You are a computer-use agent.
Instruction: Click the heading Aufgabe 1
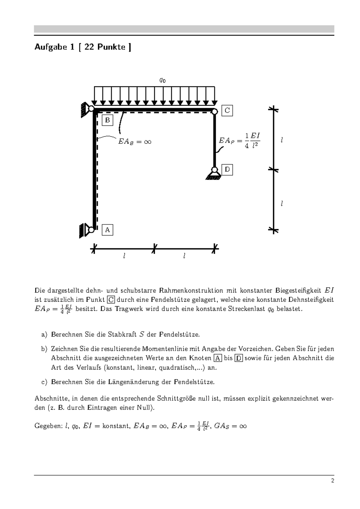coord(82,47)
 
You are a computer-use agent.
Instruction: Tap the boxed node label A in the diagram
coord(107,230)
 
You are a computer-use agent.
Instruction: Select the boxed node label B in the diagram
coord(107,120)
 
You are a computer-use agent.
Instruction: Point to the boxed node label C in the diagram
coord(227,110)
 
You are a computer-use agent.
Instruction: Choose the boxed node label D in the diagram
coord(227,170)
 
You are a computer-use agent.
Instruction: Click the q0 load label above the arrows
coord(162,80)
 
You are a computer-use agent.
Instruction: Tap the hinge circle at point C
coord(214,112)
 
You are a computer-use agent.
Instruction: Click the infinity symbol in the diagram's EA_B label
coord(147,142)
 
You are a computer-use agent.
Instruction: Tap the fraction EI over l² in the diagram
coord(255,140)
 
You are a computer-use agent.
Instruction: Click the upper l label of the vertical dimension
coord(282,140)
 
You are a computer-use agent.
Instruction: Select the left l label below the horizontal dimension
coord(124,256)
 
